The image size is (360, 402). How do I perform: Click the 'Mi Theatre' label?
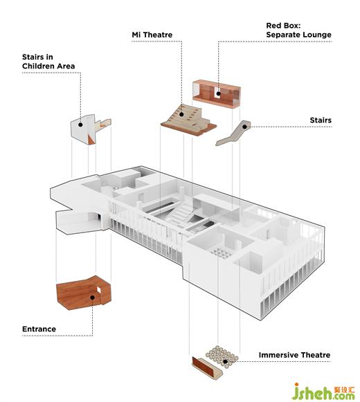tap(152, 35)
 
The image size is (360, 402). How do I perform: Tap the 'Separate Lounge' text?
tap(298, 35)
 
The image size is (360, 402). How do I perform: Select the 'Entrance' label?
tap(39, 329)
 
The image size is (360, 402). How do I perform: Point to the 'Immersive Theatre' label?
tap(294, 355)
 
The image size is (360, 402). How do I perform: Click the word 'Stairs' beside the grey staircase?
tap(321, 120)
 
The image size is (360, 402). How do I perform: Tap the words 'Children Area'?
tap(48, 66)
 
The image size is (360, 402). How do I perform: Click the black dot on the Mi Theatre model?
tap(181, 114)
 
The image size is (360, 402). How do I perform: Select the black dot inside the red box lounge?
tap(218, 93)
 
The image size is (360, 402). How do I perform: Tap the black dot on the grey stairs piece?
tap(245, 127)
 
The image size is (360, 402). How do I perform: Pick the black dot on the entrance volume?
tap(92, 298)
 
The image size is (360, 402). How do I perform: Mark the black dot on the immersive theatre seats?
tap(225, 362)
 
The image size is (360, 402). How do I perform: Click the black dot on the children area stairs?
tap(80, 125)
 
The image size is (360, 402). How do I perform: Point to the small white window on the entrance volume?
tap(99, 290)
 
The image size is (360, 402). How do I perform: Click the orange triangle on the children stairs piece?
tap(91, 140)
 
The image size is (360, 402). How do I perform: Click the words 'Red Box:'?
tap(283, 26)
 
